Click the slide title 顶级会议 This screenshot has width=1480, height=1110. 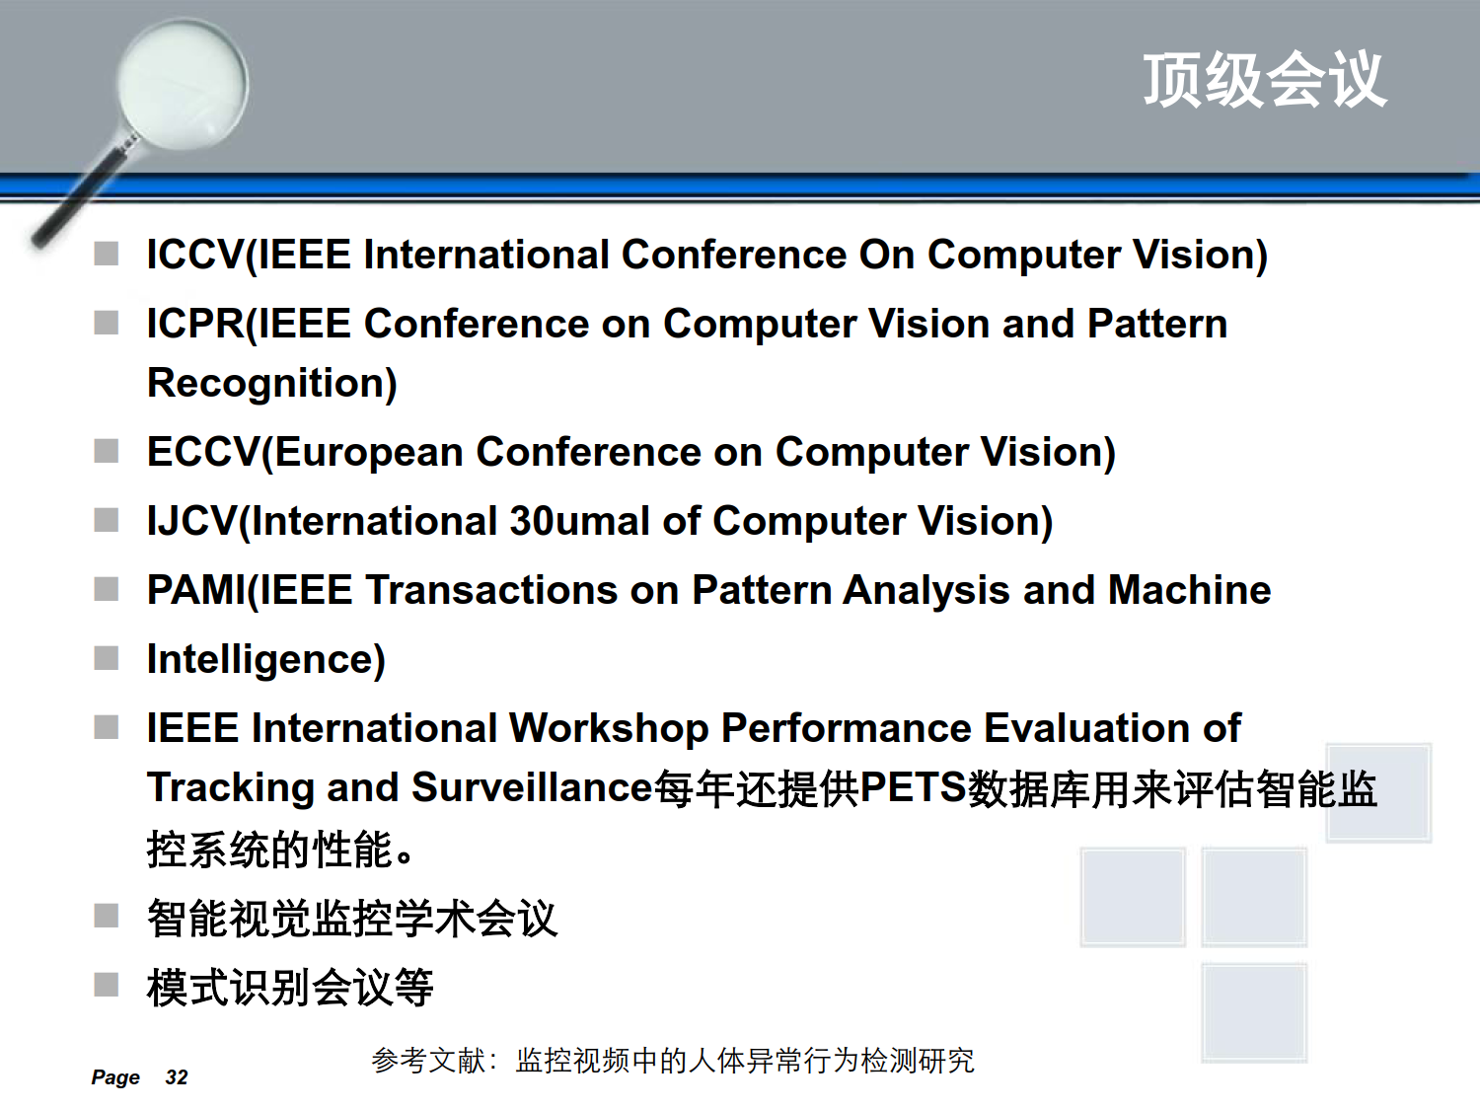1265,80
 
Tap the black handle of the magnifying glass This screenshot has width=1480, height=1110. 80,195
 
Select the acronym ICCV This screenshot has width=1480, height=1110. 194,255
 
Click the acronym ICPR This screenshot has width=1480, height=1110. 195,324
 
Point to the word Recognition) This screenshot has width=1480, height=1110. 271,384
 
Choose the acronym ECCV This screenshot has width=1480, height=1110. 203,452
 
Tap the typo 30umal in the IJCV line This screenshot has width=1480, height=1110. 580,521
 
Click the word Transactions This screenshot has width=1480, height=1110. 491,590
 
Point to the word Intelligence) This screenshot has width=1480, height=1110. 266,660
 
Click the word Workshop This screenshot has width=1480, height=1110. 609,729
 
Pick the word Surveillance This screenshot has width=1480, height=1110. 532,787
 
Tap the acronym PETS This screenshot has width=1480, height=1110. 914,787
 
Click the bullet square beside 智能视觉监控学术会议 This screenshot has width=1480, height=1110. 106,916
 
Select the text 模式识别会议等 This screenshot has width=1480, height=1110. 290,988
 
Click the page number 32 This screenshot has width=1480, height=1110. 177,1077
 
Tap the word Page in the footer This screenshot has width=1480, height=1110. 115,1077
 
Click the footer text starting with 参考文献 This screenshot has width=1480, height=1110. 673,1061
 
